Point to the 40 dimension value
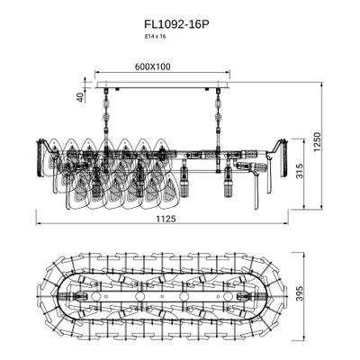(x=79, y=97)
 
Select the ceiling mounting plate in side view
(x=163, y=89)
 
